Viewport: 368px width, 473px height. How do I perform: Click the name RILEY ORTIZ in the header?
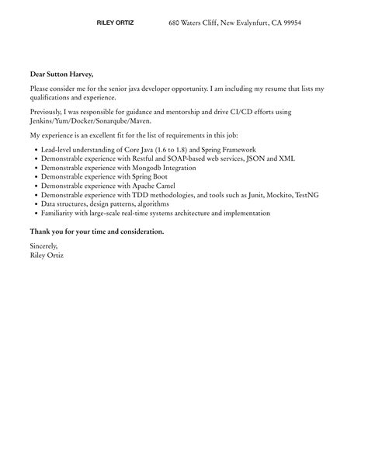pos(115,23)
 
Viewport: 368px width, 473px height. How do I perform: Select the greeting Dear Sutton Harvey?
pos(61,74)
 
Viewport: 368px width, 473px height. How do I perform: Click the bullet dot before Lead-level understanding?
pos(36,149)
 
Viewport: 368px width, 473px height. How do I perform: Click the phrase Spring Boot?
pos(148,176)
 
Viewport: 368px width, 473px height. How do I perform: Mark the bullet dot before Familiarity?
pos(36,214)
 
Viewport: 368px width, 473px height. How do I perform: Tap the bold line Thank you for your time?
pos(97,231)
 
